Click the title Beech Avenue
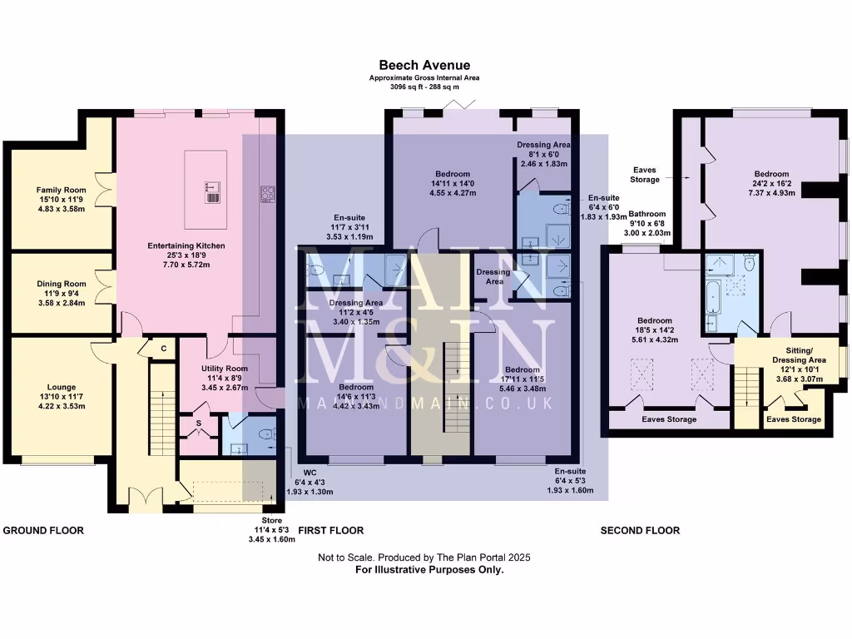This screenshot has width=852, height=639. click(424, 65)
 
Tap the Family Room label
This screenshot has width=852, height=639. click(56, 190)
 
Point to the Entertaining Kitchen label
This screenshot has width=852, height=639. click(186, 246)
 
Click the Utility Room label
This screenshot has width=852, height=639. click(225, 369)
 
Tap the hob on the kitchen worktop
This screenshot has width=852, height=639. click(268, 195)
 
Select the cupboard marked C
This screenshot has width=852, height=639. click(163, 349)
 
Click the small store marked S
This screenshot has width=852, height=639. click(199, 424)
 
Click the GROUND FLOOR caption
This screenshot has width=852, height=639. click(44, 530)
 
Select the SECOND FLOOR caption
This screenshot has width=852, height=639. click(640, 530)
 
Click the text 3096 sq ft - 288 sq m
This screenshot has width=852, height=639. click(424, 87)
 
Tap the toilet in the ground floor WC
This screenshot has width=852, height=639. click(267, 433)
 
